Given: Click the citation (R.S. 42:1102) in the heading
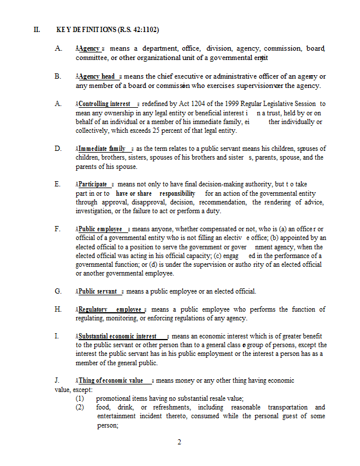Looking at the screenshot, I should tap(138, 30).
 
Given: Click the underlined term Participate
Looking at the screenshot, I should tap(93, 184).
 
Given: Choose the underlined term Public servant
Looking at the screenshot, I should tap(97, 291).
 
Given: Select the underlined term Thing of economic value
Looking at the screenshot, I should tap(111, 380).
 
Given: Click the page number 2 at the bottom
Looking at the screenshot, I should tap(179, 442).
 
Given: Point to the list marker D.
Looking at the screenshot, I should tap(58, 149).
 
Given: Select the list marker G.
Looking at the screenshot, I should tap(58, 291).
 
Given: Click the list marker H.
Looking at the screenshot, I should tap(58, 309).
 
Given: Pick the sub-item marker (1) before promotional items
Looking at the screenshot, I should tap(80, 398).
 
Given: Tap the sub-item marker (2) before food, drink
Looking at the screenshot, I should tap(80, 407).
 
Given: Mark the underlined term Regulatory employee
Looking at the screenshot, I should tap(110, 309).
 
